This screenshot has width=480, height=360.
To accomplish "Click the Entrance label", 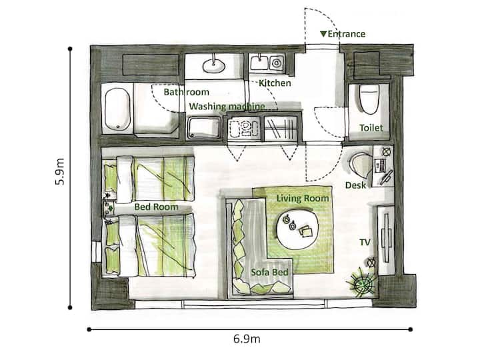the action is (346, 34).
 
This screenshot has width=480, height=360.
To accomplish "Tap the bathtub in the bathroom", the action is (117, 109).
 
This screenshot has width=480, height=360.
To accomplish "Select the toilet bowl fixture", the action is (369, 99).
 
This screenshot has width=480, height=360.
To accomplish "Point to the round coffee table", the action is (297, 229).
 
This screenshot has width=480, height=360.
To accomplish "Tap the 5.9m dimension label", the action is (60, 172).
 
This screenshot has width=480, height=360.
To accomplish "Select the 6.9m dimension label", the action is (247, 339).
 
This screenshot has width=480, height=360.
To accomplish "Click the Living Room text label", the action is (303, 199).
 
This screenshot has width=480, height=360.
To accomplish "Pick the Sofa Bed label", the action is (269, 272).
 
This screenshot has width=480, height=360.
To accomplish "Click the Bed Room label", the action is (156, 207).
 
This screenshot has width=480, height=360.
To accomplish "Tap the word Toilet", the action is (371, 127).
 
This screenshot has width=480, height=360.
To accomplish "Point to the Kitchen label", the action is (275, 83).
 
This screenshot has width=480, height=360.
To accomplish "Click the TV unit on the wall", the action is (386, 238).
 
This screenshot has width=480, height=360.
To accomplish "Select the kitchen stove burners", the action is (244, 128).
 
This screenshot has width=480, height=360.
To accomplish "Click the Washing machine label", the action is (227, 107).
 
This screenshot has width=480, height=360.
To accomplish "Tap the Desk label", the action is (355, 185).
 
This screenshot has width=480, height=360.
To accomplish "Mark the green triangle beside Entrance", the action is (323, 34).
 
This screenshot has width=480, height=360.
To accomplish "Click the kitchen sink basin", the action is (259, 63).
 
